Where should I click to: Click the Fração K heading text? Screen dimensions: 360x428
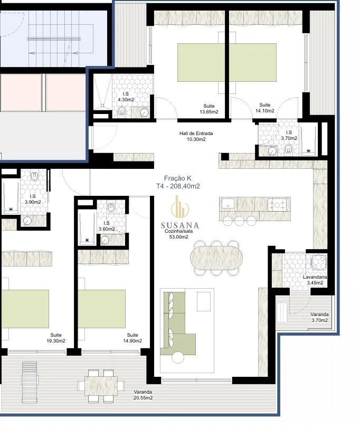point(178,178)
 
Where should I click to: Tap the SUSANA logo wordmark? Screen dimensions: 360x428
point(179,225)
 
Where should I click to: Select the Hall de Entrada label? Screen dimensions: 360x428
point(196,134)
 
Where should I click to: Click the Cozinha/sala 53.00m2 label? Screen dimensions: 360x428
point(178,234)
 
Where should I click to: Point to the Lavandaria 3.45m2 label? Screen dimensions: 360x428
point(315,280)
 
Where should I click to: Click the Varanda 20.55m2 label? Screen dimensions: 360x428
point(143,395)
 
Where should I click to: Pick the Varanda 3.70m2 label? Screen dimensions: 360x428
point(319,318)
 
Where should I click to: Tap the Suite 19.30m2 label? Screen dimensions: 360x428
point(55,338)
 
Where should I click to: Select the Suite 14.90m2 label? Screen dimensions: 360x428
point(132,338)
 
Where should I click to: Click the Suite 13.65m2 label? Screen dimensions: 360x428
point(209,109)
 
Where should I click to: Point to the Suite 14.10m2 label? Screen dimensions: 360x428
point(265,108)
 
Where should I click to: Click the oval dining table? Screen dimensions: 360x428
point(216,258)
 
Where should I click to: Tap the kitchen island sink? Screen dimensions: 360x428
point(228,203)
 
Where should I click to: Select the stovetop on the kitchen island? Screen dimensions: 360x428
point(277,205)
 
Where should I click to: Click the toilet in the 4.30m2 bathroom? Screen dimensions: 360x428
point(122,112)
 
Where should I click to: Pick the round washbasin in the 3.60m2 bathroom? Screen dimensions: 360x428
point(105,241)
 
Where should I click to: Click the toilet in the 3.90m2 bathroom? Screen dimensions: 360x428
point(34,177)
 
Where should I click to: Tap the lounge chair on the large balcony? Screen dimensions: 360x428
point(30,383)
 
